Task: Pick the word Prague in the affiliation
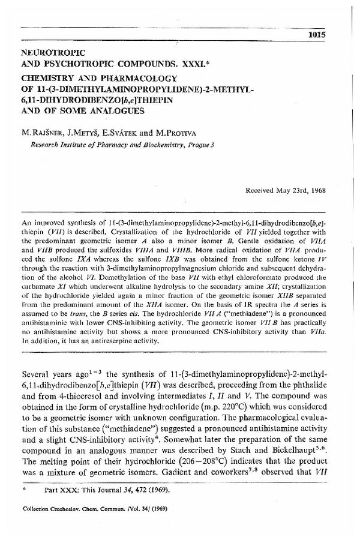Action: tap(200, 145)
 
